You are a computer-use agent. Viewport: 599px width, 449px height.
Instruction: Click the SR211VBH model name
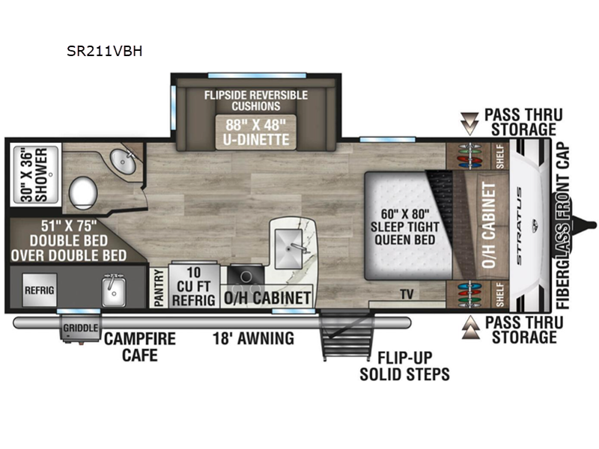pyautogui.click(x=104, y=51)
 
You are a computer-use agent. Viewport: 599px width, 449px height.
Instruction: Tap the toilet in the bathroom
pyautogui.click(x=83, y=193)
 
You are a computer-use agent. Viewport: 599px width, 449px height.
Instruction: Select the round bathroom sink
pyautogui.click(x=123, y=162)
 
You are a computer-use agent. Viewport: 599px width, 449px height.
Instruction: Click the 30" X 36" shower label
pyautogui.click(x=34, y=174)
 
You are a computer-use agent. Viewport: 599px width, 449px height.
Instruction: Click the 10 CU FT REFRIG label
pyautogui.click(x=194, y=286)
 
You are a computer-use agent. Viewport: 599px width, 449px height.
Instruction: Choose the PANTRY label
pyautogui.click(x=159, y=287)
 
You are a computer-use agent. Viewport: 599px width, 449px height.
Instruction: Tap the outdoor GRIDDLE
pyautogui.click(x=80, y=329)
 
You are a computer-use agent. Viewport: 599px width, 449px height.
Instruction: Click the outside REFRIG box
pyautogui.click(x=40, y=290)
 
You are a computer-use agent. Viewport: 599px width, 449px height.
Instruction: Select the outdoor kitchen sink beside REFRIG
pyautogui.click(x=114, y=292)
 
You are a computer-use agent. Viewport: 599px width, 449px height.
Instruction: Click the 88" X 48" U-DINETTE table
pyautogui.click(x=255, y=132)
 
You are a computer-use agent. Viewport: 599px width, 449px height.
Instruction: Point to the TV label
pyautogui.click(x=407, y=294)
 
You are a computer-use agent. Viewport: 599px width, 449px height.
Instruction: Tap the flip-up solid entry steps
pyautogui.click(x=347, y=335)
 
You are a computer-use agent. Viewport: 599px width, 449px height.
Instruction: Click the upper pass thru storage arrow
pyautogui.click(x=469, y=123)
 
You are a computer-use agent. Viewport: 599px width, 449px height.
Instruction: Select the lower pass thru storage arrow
pyautogui.click(x=471, y=328)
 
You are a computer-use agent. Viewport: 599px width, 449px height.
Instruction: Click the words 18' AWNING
pyautogui.click(x=253, y=338)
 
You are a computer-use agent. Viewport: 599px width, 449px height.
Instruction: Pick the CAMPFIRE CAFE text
pyautogui.click(x=140, y=346)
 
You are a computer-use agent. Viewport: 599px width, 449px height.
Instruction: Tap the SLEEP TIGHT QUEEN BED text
pyautogui.click(x=405, y=233)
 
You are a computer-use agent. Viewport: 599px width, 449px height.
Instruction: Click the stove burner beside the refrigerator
pyautogui.click(x=246, y=275)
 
